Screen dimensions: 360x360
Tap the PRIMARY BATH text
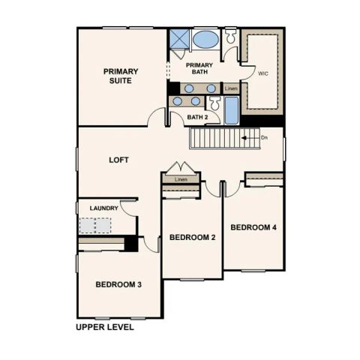(199, 69)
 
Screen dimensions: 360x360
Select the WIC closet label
(262, 74)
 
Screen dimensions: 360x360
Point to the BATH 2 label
(197, 117)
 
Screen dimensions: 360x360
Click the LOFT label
(119, 160)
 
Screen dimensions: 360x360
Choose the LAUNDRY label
(104, 208)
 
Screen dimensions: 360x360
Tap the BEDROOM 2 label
(192, 237)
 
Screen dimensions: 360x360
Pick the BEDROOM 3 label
(119, 284)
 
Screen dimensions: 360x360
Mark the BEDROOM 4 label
(253, 227)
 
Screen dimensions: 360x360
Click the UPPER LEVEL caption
(105, 328)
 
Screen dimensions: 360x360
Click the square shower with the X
(178, 40)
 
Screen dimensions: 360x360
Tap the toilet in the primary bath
(231, 37)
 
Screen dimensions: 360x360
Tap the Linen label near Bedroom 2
(181, 180)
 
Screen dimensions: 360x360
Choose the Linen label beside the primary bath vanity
(231, 88)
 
